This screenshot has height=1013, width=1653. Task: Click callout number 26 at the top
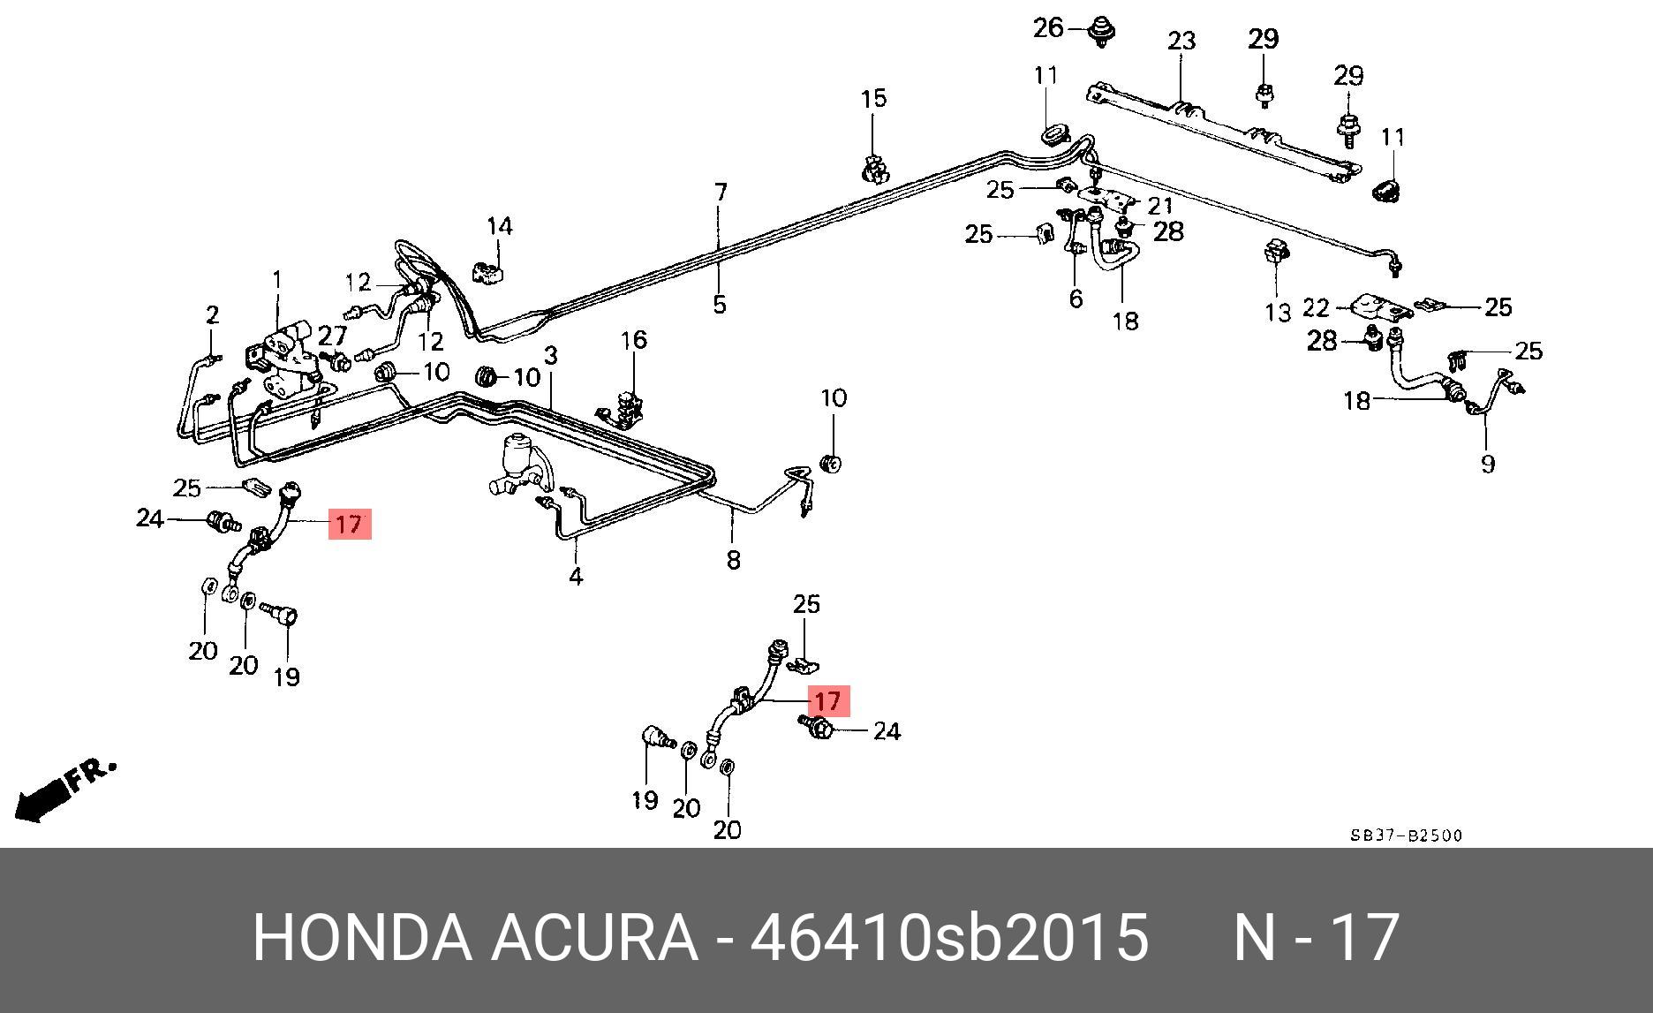1048,28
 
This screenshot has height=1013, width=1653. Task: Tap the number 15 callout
873,98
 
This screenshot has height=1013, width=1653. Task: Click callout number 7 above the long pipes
721,192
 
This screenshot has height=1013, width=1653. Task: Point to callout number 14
500,226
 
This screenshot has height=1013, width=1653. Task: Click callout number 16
633,340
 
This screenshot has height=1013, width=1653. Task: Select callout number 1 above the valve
277,280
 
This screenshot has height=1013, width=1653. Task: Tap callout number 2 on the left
212,314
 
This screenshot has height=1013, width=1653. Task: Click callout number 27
332,336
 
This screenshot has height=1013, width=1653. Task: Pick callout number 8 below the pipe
733,559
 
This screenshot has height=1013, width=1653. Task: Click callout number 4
576,577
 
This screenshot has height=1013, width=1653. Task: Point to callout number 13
1278,312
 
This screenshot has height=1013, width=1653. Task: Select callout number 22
1315,307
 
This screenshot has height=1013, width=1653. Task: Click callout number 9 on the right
1487,463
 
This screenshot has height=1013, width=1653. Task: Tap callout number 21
1159,206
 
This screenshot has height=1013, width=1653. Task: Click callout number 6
1075,299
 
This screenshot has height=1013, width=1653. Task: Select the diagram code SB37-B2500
1405,835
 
